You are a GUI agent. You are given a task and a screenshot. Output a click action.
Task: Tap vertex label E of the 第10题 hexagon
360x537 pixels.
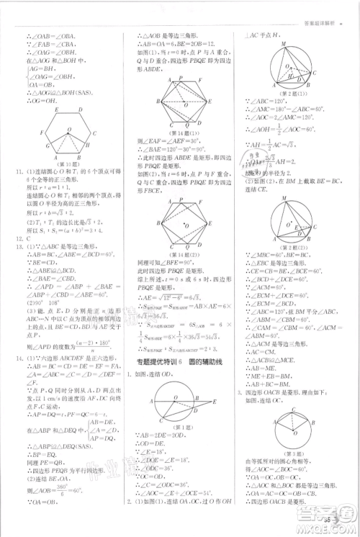click(56, 110)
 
